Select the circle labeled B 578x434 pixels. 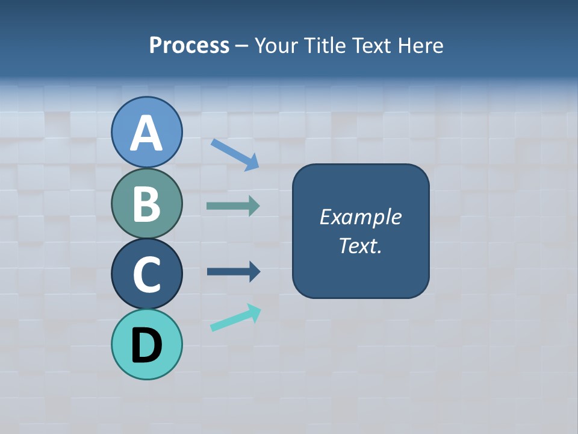pyautogui.click(x=147, y=203)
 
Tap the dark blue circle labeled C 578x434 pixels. pyautogui.click(x=147, y=274)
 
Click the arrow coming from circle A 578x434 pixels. pyautogui.click(x=235, y=154)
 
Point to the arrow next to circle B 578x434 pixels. pyautogui.click(x=233, y=206)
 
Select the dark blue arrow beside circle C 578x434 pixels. pyautogui.click(x=234, y=272)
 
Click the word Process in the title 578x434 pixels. pyautogui.click(x=189, y=46)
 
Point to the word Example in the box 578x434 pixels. pyautogui.click(x=360, y=217)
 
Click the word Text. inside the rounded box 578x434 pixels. pyautogui.click(x=360, y=246)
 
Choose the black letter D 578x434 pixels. pyautogui.click(x=147, y=346)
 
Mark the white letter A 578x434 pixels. pyautogui.click(x=147, y=133)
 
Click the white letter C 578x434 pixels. pyautogui.click(x=147, y=274)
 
